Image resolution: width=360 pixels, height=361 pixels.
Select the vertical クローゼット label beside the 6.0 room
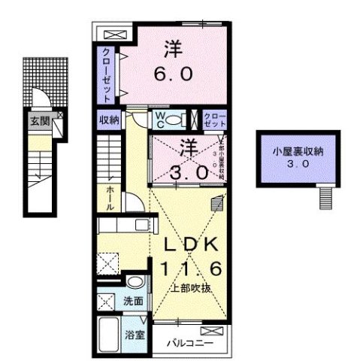[108, 75]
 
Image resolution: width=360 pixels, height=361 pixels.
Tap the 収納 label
[108, 120]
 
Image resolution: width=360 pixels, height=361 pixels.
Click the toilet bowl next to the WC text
[174, 120]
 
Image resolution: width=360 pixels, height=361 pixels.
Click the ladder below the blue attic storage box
[324, 198]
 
